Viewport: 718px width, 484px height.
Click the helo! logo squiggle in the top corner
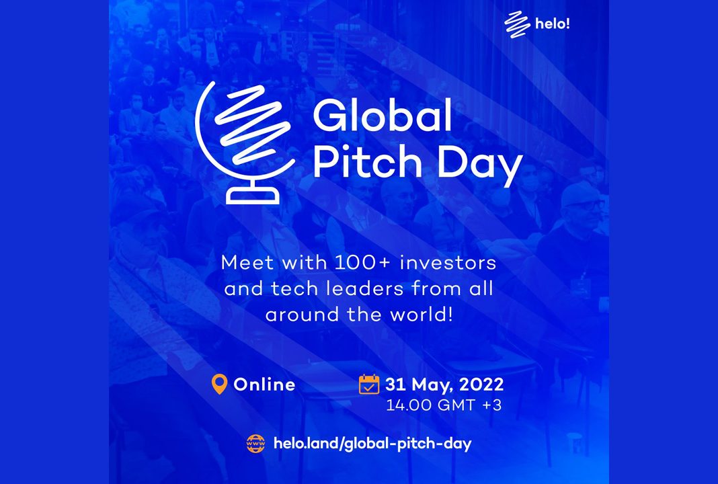coord(517,25)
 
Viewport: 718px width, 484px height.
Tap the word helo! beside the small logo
coord(553,24)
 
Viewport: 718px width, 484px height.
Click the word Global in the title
coord(383,115)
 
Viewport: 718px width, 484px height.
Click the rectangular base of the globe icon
coord(252,196)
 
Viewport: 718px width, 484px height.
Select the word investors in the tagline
coord(448,263)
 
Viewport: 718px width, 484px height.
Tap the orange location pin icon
coord(220,385)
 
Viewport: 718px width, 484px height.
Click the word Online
coord(264,385)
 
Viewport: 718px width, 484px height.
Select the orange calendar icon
coord(369,384)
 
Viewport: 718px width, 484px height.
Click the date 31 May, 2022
coord(444,385)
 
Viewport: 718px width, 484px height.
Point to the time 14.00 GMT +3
coord(444,405)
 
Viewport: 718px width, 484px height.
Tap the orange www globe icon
coord(255,444)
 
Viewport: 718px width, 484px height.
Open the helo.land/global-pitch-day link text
coord(372,444)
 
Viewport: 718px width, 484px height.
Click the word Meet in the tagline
coord(247,263)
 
